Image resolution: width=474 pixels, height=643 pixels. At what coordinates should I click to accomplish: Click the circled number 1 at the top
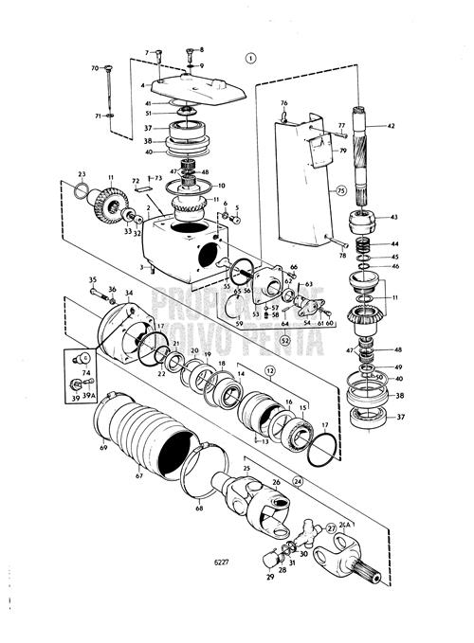pos(250,57)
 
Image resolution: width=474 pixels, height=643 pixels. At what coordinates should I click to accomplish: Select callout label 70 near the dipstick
pos(95,68)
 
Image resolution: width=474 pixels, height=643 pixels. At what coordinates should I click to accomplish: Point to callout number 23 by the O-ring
pos(82,174)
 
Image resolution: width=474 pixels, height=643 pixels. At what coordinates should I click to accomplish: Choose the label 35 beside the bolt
pos(93,279)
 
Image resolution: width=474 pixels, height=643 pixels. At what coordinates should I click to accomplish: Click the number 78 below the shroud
pos(340,256)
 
